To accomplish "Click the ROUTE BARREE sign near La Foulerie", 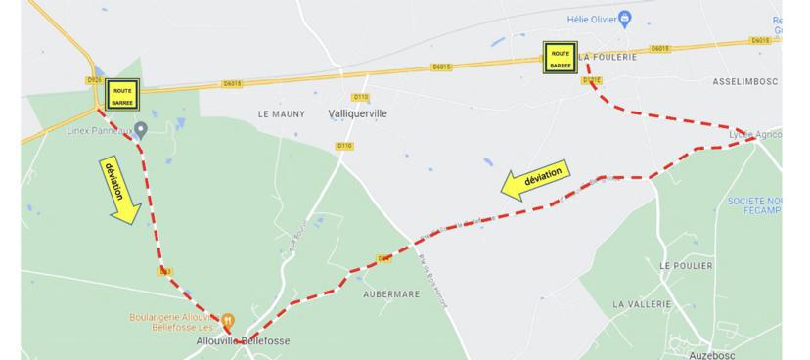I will (x=561, y=57).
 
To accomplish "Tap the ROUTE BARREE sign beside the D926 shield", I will (x=122, y=95).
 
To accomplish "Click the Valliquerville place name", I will (x=355, y=113).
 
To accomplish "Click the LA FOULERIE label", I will (x=609, y=58).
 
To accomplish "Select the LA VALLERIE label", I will (x=643, y=304).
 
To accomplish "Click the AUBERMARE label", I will (x=391, y=293).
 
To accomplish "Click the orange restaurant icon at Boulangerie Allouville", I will (x=227, y=319).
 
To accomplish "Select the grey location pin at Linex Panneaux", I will (x=141, y=129).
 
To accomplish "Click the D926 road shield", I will (x=94, y=80).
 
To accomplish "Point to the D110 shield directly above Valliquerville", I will (x=361, y=97).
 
